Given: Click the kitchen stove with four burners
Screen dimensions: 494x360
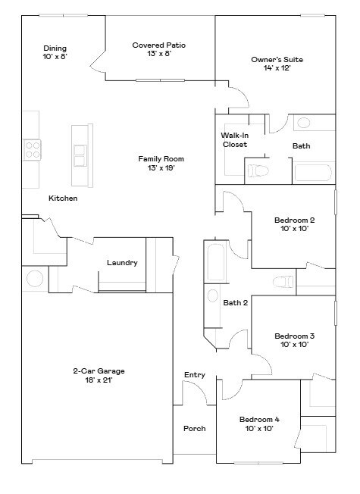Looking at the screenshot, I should click(31, 149).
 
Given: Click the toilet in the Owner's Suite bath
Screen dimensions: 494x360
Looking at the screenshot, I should click(257, 170).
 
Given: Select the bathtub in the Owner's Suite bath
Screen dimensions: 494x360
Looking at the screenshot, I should click(314, 172).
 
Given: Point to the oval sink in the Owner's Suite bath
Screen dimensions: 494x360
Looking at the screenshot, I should click(303, 123).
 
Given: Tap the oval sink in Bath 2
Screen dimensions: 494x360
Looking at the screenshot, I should click(212, 295).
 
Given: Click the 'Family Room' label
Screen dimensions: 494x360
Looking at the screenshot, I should click(161, 159).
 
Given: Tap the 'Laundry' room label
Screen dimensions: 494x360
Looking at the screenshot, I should click(122, 263).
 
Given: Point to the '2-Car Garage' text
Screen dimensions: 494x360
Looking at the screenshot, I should click(99, 371).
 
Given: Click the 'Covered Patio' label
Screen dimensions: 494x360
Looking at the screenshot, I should click(158, 45).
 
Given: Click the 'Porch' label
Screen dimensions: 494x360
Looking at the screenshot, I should click(195, 429).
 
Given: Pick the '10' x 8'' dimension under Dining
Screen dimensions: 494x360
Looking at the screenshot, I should click(55, 58).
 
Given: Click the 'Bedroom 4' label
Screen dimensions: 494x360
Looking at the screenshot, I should click(259, 419).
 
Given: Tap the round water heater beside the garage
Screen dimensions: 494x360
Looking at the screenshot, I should click(35, 279).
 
